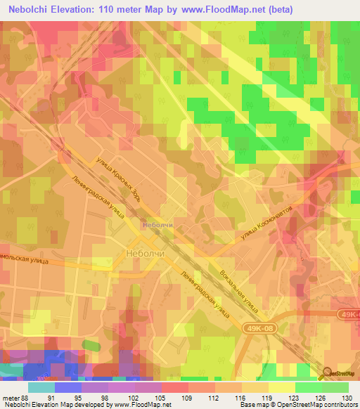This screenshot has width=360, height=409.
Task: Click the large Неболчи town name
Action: (145, 252)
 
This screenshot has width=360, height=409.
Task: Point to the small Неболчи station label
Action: (157, 226)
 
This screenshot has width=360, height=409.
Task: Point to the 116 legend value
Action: (243, 397)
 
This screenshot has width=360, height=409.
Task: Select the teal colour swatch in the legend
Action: (41, 387)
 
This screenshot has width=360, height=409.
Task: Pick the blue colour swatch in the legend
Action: (68, 387)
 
